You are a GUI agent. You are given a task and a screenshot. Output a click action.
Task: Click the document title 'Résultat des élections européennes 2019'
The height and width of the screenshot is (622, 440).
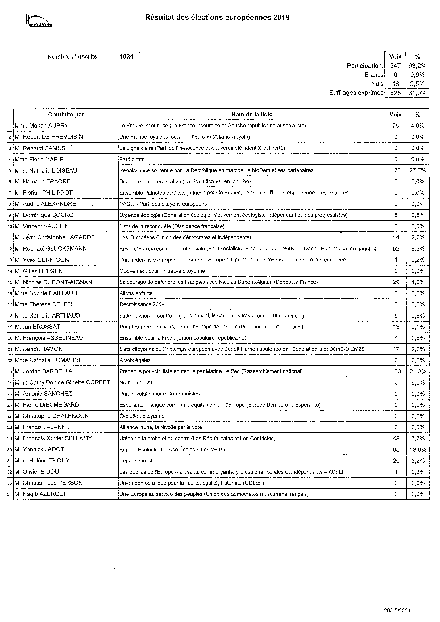(217, 18)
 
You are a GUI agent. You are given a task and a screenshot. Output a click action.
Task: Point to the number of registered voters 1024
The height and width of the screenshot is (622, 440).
(127, 56)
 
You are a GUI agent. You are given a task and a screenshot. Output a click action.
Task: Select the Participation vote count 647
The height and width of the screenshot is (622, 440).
(395, 66)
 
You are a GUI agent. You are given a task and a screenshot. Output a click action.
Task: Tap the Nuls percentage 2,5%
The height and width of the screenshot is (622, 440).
(417, 84)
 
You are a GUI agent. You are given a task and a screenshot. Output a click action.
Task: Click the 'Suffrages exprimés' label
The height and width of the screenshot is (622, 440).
(356, 93)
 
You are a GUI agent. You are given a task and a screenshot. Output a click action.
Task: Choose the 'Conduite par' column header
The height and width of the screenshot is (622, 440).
(66, 114)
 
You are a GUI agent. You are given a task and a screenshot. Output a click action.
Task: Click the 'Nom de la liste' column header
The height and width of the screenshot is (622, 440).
(252, 114)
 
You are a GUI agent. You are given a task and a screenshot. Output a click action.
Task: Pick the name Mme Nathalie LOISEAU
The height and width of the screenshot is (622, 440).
(46, 170)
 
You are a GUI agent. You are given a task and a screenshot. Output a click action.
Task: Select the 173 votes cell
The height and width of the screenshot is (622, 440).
(396, 170)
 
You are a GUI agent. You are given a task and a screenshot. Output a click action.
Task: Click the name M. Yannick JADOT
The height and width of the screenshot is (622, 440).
(40, 449)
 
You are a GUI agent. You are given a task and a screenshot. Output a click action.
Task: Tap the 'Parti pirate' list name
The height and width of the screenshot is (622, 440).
(132, 159)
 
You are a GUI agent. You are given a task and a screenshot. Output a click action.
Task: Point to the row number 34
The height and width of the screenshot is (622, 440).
(10, 494)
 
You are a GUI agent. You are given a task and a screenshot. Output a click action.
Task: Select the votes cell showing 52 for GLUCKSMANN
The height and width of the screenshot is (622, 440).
(396, 249)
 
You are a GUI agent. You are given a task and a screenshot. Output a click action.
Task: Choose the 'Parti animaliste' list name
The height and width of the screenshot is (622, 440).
(137, 461)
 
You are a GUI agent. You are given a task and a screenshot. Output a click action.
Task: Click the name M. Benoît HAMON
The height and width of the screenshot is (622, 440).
(39, 349)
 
